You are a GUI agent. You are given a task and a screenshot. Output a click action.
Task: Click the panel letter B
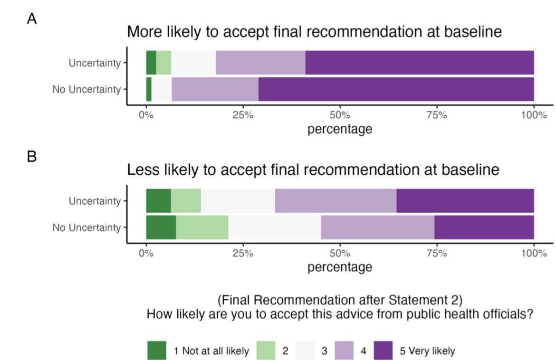(31, 156)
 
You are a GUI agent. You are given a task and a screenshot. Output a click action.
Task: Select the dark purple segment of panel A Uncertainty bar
(419, 62)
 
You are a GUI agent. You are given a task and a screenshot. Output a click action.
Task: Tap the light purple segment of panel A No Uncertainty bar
(215, 89)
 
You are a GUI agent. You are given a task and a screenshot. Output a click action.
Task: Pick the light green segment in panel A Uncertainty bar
(163, 62)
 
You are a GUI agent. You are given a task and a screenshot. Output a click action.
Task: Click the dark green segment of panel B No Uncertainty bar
(161, 227)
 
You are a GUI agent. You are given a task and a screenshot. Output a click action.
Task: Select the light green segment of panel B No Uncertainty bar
(202, 227)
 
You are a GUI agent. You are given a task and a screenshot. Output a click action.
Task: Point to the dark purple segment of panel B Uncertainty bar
(465, 201)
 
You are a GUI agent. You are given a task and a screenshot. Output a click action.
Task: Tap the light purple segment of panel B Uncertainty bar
(336, 201)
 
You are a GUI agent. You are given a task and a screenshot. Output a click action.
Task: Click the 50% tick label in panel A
(340, 115)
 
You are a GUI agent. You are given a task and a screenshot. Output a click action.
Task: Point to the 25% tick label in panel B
(243, 253)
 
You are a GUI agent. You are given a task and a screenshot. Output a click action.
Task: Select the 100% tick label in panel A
(533, 115)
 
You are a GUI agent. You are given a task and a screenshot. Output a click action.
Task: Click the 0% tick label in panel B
(146, 253)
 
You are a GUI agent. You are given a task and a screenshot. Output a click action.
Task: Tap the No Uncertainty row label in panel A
(86, 89)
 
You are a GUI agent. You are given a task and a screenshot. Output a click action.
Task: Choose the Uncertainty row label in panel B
(95, 201)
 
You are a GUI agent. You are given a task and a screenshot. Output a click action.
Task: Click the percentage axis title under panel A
(340, 129)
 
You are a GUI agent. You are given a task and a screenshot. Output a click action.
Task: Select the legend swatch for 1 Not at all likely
(157, 351)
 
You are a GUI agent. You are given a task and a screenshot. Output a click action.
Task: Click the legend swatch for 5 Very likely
(383, 351)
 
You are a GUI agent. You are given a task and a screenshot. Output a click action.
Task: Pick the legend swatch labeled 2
(266, 351)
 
